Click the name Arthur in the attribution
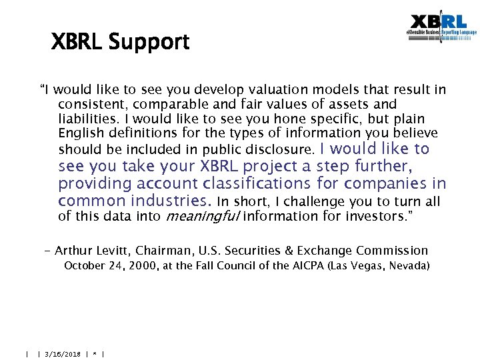click(73, 251)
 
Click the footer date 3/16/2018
click(62, 354)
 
